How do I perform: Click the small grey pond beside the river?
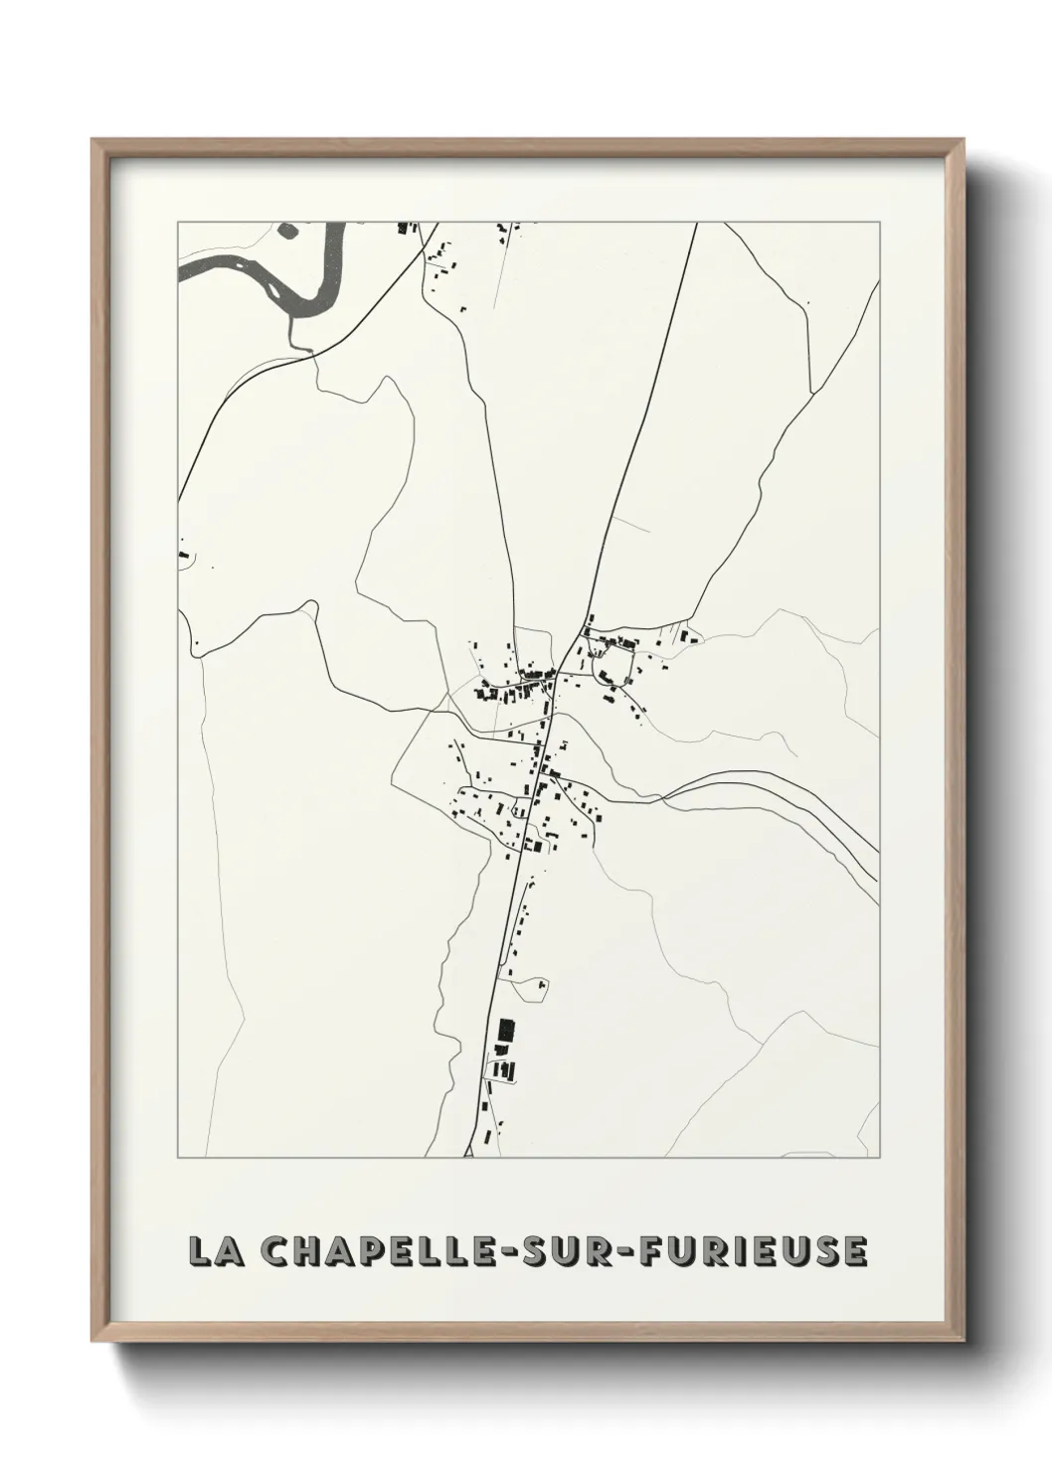tap(288, 231)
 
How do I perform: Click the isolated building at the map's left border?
tap(184, 554)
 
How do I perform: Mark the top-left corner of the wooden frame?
tap(93, 141)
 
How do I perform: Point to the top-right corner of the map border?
tap(879, 223)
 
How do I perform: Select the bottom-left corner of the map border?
tap(178, 1157)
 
